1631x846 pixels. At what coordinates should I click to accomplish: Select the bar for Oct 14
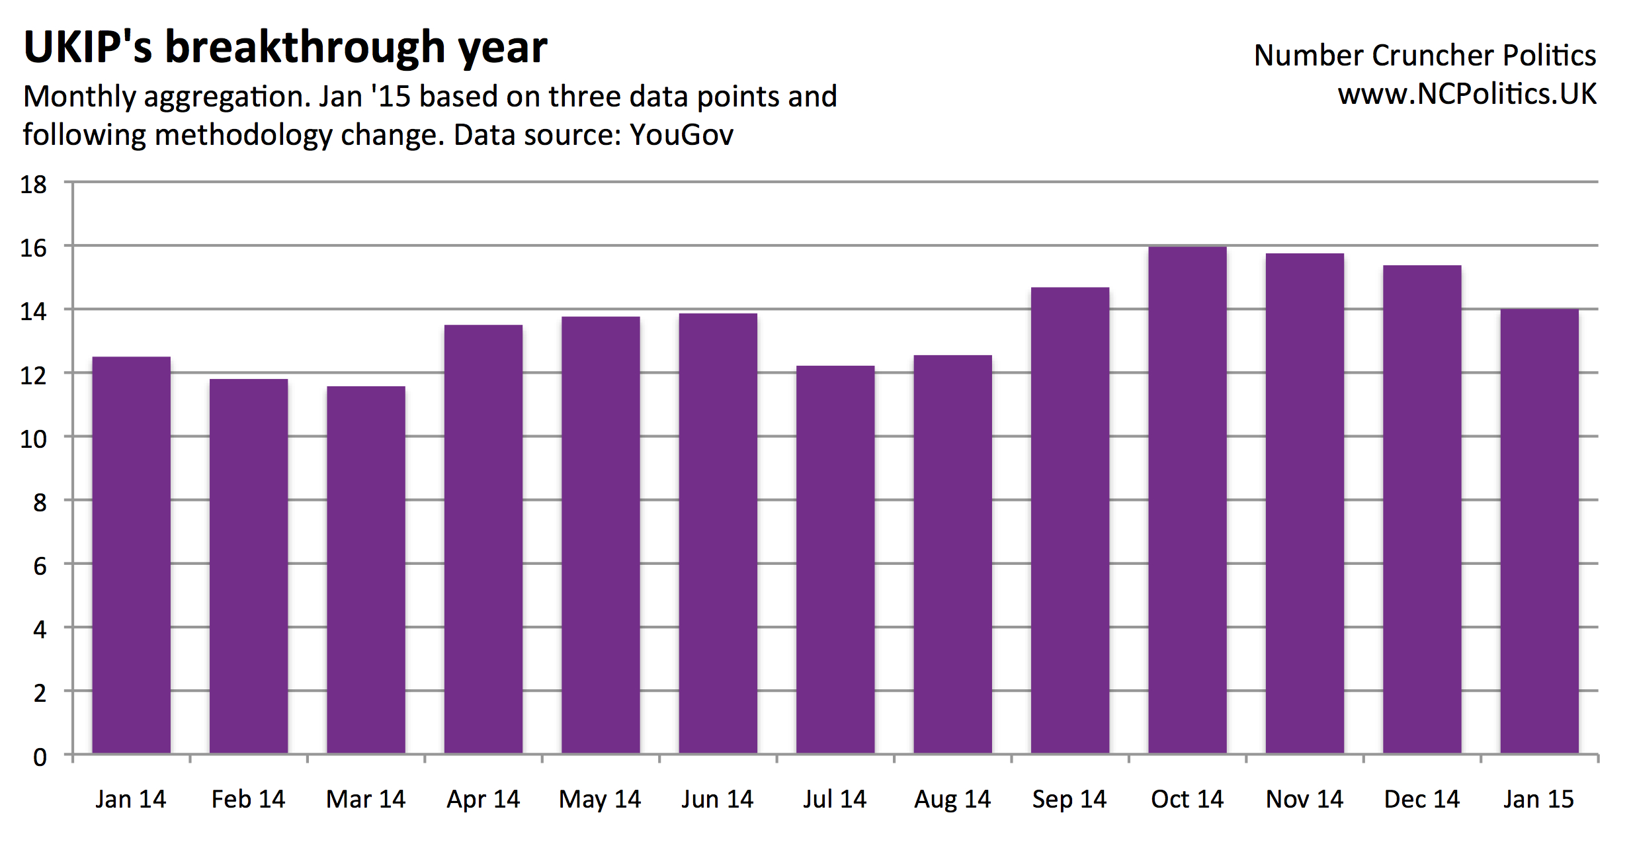pyautogui.click(x=1187, y=500)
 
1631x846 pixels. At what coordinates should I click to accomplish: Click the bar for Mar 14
pyautogui.click(x=366, y=570)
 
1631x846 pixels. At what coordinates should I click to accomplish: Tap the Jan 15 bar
pyautogui.click(x=1539, y=531)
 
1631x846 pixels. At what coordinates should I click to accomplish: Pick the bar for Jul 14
pyautogui.click(x=835, y=560)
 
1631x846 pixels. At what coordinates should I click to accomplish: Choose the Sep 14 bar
pyautogui.click(x=1070, y=521)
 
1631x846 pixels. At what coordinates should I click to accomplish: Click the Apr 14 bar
pyautogui.click(x=483, y=539)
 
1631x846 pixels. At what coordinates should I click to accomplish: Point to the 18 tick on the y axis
pyautogui.click(x=34, y=185)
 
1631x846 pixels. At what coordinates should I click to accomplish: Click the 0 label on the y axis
pyautogui.click(x=40, y=757)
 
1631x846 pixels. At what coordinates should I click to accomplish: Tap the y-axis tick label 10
pyautogui.click(x=34, y=439)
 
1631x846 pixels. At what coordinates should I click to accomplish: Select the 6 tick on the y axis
pyautogui.click(x=40, y=566)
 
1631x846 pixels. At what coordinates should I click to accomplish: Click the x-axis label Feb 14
pyautogui.click(x=248, y=800)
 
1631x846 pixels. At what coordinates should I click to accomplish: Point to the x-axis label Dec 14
pyautogui.click(x=1422, y=800)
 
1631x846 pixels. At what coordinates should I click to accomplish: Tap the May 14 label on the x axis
pyautogui.click(x=600, y=800)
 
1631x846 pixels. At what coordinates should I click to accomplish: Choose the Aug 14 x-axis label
pyautogui.click(x=952, y=800)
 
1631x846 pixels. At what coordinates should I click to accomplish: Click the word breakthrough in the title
pyautogui.click(x=305, y=48)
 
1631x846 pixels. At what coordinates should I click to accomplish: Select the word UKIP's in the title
pyautogui.click(x=88, y=48)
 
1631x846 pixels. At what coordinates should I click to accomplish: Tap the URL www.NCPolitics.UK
pyautogui.click(x=1467, y=95)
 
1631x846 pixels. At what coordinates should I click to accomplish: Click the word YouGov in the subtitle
pyautogui.click(x=681, y=136)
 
